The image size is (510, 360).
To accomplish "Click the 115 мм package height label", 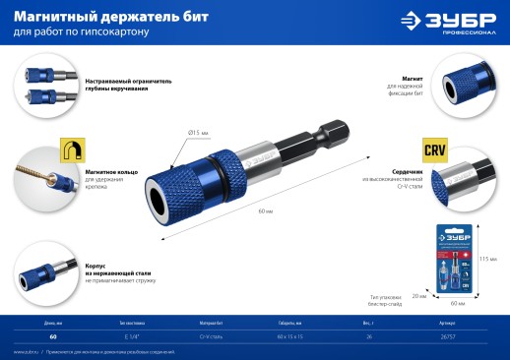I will [483, 259].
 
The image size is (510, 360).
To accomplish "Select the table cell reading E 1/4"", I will [130, 336].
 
